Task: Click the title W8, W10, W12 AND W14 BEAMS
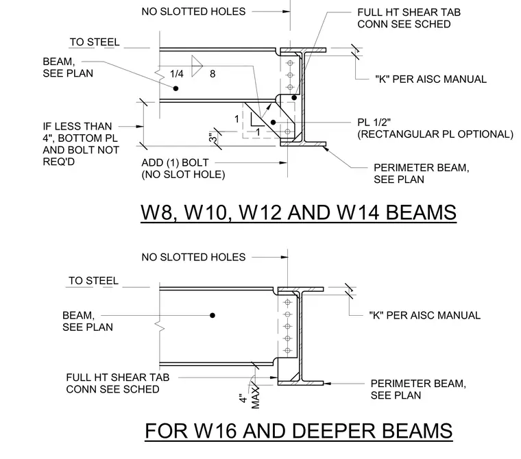(x=298, y=212)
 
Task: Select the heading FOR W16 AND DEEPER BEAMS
(x=298, y=431)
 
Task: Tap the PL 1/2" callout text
(x=374, y=122)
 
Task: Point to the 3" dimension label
(x=213, y=138)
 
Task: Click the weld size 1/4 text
(x=176, y=74)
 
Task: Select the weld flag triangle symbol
(x=197, y=66)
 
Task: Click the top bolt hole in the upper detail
(x=290, y=63)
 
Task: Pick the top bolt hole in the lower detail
(x=288, y=302)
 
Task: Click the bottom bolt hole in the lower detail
(x=288, y=350)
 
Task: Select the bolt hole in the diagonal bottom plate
(x=288, y=132)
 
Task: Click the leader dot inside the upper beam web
(x=175, y=88)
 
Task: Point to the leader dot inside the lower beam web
(x=213, y=315)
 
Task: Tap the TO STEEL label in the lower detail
(x=94, y=281)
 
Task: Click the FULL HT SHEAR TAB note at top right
(x=409, y=18)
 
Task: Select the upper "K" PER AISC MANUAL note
(x=431, y=79)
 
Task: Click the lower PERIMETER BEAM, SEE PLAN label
(x=418, y=389)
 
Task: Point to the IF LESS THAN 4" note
(x=81, y=144)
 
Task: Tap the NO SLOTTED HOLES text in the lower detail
(x=193, y=257)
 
